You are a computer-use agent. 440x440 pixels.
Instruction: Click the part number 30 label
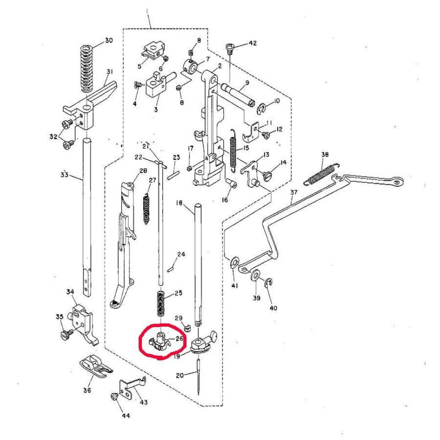109,41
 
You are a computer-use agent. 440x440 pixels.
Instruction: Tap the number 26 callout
179,338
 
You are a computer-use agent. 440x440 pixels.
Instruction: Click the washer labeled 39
256,277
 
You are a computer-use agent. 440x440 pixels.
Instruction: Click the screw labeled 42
230,47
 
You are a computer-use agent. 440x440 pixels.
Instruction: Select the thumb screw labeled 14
267,171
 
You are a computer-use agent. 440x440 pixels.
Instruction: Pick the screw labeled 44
114,396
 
